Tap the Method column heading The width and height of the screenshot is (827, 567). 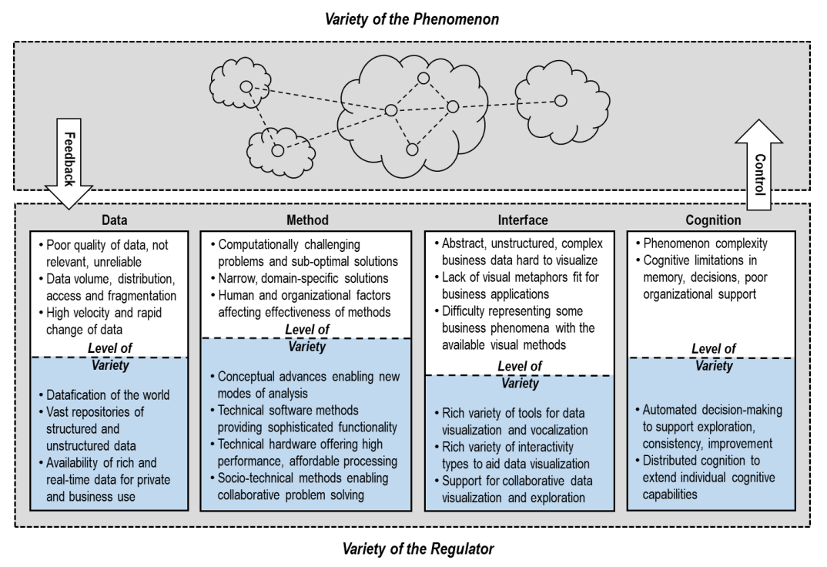point(308,220)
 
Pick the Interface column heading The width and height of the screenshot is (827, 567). point(518,220)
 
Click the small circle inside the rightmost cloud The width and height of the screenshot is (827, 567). point(561,100)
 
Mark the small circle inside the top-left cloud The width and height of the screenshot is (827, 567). point(246,86)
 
